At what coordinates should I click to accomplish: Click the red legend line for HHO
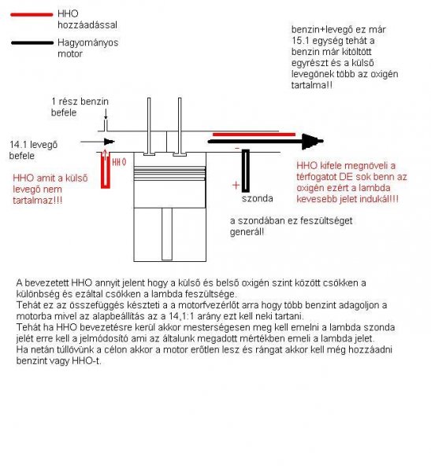tap(32, 14)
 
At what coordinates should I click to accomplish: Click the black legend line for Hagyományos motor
tap(32, 42)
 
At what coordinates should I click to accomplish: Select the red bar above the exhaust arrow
tap(254, 135)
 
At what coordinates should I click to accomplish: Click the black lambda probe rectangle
tap(246, 171)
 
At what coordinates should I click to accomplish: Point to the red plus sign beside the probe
tap(236, 185)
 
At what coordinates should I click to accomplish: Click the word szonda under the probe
tap(258, 198)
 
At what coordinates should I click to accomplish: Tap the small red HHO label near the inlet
tap(119, 162)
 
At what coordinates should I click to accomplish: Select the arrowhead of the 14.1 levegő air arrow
tap(110, 142)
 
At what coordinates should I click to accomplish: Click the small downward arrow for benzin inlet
tap(106, 115)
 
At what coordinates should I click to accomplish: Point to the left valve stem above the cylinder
tap(149, 125)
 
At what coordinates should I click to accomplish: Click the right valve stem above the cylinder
tap(180, 125)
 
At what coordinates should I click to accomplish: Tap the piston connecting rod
tap(167, 234)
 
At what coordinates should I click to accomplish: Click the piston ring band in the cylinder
tap(170, 174)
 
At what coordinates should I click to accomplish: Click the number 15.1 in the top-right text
tap(300, 41)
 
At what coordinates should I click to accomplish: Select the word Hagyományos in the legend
tap(87, 42)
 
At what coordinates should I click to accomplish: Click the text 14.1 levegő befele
tap(33, 150)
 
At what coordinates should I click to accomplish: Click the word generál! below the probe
tap(247, 232)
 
